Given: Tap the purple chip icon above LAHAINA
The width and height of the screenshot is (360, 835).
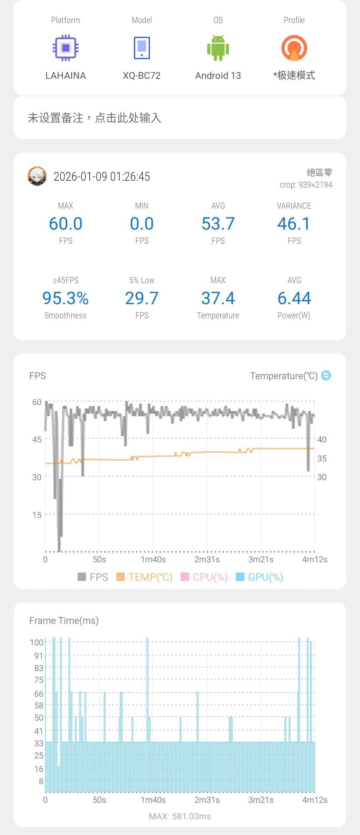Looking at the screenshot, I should (66, 48).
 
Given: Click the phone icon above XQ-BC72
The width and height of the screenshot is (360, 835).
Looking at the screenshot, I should (142, 48).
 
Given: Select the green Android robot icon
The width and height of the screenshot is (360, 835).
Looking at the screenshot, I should (218, 48).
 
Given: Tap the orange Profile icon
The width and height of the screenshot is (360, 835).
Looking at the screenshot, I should (294, 48).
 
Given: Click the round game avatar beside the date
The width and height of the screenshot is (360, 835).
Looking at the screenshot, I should (37, 176).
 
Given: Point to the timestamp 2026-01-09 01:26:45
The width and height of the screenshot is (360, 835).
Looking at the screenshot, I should (102, 177).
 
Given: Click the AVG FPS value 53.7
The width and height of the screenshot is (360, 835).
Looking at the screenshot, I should (218, 224).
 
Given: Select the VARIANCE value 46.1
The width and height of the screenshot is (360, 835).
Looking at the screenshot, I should (294, 224).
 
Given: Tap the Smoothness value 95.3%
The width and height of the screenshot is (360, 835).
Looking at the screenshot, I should (65, 298).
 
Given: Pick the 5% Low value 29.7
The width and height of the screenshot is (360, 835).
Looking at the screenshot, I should (142, 298).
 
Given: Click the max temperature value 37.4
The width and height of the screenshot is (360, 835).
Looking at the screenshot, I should (218, 298).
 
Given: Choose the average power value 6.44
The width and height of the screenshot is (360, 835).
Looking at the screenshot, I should (294, 298).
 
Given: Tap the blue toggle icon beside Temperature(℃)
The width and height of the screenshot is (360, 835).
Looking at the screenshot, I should (326, 375).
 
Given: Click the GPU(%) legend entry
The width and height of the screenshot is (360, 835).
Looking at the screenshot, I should (259, 577).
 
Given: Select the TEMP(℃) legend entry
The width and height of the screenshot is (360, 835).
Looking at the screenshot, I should (145, 577).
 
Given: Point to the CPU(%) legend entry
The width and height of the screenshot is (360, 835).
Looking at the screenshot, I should (204, 577).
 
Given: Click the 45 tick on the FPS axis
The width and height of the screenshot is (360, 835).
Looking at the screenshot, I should (37, 440).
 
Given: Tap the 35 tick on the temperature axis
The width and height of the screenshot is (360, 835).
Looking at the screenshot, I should (322, 459).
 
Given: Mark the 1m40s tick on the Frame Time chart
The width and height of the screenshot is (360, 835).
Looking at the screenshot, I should (153, 800).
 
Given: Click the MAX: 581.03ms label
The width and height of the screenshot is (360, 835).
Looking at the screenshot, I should (180, 816).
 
